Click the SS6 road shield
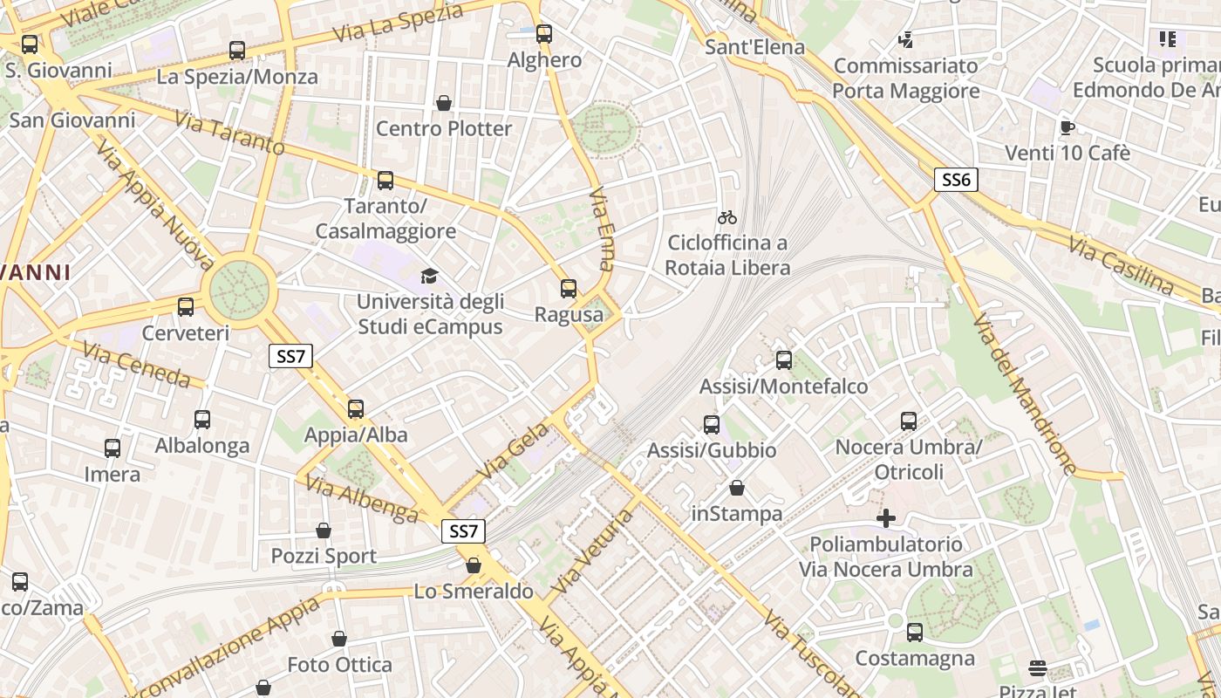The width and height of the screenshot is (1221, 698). pyautogui.click(x=956, y=180)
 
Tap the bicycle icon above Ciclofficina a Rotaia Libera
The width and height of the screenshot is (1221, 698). pyautogui.click(x=727, y=217)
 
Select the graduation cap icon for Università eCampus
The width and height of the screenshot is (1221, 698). pyautogui.click(x=429, y=277)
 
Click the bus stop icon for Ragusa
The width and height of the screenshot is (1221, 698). pyautogui.click(x=569, y=289)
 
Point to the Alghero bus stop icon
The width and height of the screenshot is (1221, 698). pyautogui.click(x=544, y=34)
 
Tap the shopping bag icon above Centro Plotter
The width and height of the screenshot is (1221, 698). pyautogui.click(x=444, y=103)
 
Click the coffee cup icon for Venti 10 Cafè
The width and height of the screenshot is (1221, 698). pyautogui.click(x=1067, y=127)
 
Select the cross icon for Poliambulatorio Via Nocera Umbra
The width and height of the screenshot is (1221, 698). pyautogui.click(x=886, y=518)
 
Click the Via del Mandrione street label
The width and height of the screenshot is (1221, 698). pyautogui.click(x=1025, y=393)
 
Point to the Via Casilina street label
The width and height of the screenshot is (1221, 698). pyautogui.click(x=1121, y=264)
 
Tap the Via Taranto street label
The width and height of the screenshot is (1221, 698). pyautogui.click(x=229, y=133)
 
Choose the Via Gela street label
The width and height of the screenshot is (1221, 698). pyautogui.click(x=514, y=450)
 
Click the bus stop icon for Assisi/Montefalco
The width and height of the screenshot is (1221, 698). pyautogui.click(x=784, y=359)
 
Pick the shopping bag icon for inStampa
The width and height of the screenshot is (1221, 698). pyautogui.click(x=737, y=488)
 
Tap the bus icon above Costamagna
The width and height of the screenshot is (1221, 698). pyautogui.click(x=915, y=633)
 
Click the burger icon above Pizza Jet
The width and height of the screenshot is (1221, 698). pyautogui.click(x=1037, y=668)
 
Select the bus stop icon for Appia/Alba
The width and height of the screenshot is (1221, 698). pyautogui.click(x=356, y=409)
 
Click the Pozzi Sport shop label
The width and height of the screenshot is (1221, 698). pyautogui.click(x=324, y=556)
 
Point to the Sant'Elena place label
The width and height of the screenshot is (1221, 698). pyautogui.click(x=754, y=46)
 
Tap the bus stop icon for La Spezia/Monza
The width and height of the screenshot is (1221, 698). pyautogui.click(x=237, y=51)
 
